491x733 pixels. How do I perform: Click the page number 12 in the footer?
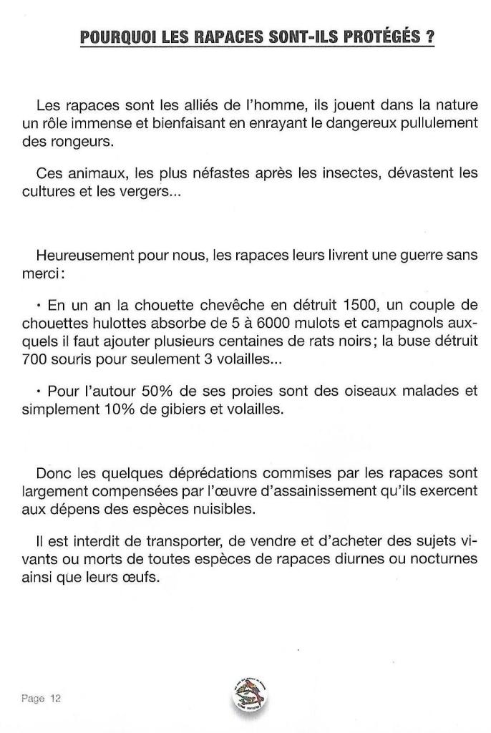coord(55,699)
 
